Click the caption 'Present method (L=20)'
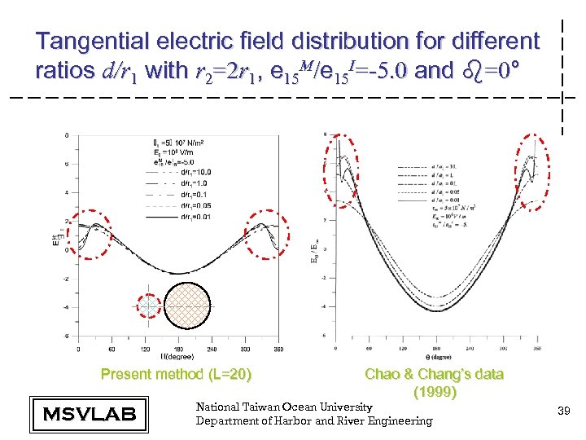(176, 375)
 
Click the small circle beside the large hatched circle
(151, 305)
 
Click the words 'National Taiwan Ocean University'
(284, 407)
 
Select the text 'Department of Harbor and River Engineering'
(314, 420)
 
